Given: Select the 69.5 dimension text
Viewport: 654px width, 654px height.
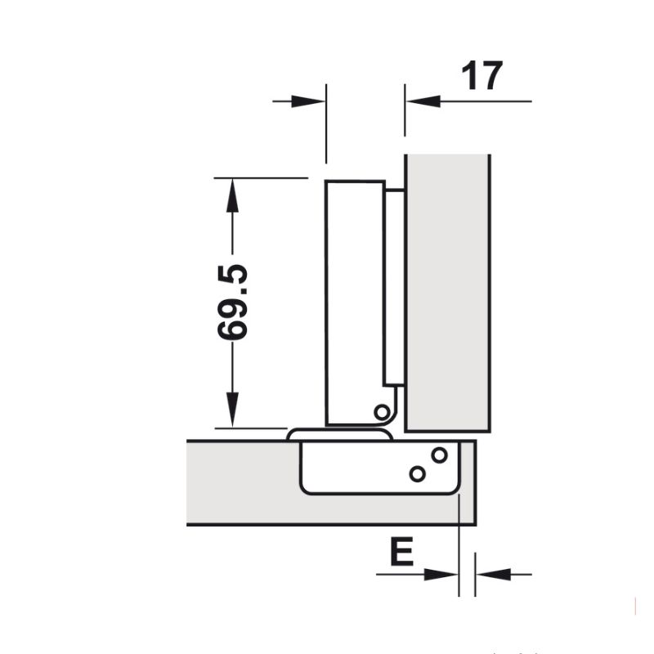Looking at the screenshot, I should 233,302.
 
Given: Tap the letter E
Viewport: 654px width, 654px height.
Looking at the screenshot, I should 401,553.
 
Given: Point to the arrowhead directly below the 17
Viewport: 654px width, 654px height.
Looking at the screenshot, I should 424,101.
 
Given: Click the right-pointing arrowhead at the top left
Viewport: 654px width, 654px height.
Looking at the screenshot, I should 310,101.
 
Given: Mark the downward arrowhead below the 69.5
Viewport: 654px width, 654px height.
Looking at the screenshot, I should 233,410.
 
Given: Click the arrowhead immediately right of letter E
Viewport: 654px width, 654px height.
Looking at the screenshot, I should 442,575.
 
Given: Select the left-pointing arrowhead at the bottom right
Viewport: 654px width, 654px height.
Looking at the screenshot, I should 493,575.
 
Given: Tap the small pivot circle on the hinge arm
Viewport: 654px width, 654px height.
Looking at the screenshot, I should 381,411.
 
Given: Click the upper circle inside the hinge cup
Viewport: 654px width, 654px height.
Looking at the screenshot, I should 439,455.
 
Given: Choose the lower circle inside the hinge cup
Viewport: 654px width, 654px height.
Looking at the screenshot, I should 417,473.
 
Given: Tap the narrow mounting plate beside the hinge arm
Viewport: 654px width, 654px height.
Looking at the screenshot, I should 394,286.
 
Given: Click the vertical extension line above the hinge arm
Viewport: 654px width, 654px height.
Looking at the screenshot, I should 326,123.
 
